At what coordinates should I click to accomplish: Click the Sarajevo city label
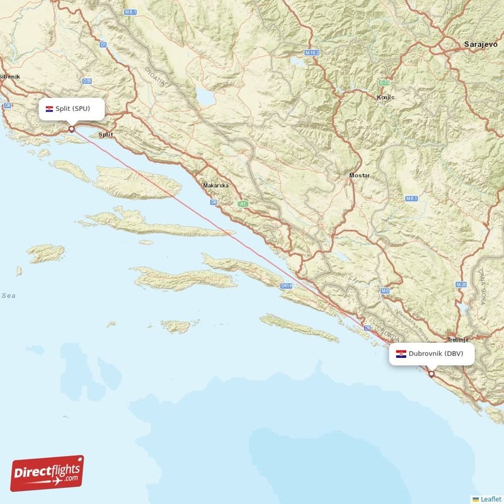479,44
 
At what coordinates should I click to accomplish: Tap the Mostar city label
360,175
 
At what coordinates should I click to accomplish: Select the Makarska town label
215,186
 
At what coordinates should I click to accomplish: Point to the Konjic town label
385,97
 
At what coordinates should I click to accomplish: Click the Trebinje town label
457,339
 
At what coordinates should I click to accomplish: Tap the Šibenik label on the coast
10,76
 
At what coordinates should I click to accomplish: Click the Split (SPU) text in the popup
72,109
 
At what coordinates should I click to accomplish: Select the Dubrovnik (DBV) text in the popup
435,353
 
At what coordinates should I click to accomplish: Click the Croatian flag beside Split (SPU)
49,109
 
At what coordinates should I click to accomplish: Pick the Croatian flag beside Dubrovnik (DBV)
401,354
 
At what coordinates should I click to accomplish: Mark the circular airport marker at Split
71,129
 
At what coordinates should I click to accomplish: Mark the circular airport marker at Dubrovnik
432,374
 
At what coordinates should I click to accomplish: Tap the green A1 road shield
243,204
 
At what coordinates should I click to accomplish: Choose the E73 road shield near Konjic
383,83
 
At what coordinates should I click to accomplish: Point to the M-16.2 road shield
312,52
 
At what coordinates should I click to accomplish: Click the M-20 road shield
462,285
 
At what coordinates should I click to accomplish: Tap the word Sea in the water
9,295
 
